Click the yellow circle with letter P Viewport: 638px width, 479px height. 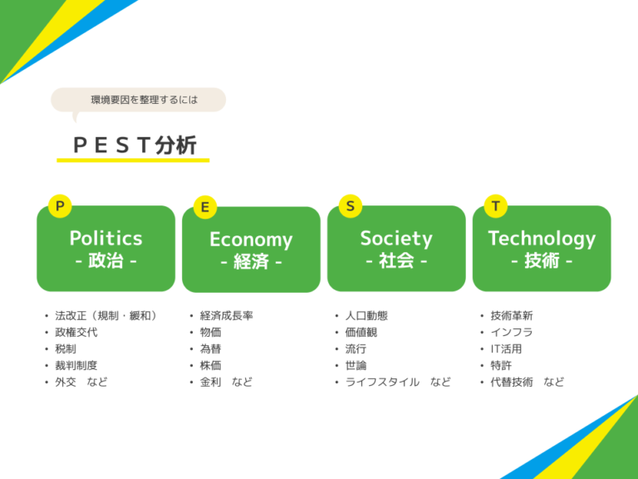click(x=59, y=205)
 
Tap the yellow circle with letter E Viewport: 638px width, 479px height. click(x=204, y=207)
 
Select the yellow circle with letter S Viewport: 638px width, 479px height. click(x=351, y=205)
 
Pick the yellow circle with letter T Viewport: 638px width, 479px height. click(x=496, y=205)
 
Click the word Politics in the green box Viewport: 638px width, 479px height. click(x=106, y=238)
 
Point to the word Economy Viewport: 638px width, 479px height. click(x=251, y=239)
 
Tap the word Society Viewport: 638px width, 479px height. click(x=396, y=238)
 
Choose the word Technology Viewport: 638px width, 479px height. click(x=542, y=238)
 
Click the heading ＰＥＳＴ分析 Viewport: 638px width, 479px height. click(x=135, y=146)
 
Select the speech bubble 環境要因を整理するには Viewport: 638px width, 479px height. click(x=138, y=100)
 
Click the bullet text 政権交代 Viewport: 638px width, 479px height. click(x=76, y=333)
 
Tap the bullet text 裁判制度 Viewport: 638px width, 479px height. click(x=76, y=366)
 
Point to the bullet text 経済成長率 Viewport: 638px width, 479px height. click(x=227, y=316)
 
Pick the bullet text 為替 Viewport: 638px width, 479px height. click(x=211, y=349)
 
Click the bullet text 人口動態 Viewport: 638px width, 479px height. click(x=366, y=316)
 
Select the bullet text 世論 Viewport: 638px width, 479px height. click(x=356, y=366)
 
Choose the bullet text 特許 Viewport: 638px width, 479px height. click(x=501, y=366)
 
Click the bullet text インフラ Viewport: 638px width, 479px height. click(x=512, y=333)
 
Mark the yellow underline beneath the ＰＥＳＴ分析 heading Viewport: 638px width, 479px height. click(x=133, y=160)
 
